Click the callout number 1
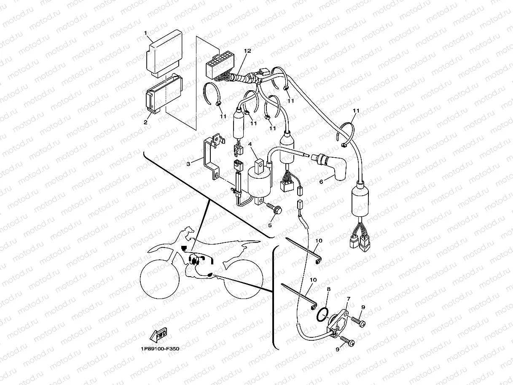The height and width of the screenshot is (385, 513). pos(146,33)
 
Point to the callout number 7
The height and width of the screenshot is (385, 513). pos(348,299)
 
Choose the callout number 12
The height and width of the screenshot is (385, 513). pos(247,51)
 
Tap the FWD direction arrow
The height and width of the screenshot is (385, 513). pos(158,336)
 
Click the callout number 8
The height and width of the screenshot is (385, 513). pos(329,290)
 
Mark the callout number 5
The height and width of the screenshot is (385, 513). pos(270,225)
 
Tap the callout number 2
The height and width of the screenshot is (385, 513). pos(146,122)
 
